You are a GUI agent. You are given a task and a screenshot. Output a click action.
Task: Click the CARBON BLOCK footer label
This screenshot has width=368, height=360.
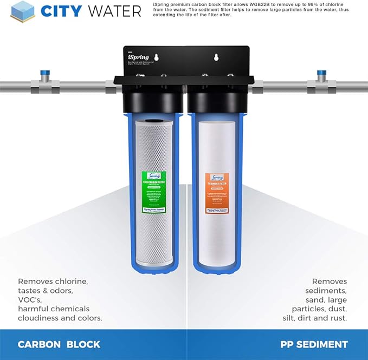click(59, 344)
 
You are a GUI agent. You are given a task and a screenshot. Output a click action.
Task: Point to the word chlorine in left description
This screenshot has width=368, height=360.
click(69, 282)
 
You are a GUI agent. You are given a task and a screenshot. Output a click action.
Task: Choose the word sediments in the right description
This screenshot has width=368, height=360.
click(326, 291)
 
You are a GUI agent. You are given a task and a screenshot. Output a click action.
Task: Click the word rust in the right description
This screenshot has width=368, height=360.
click(339, 318)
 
